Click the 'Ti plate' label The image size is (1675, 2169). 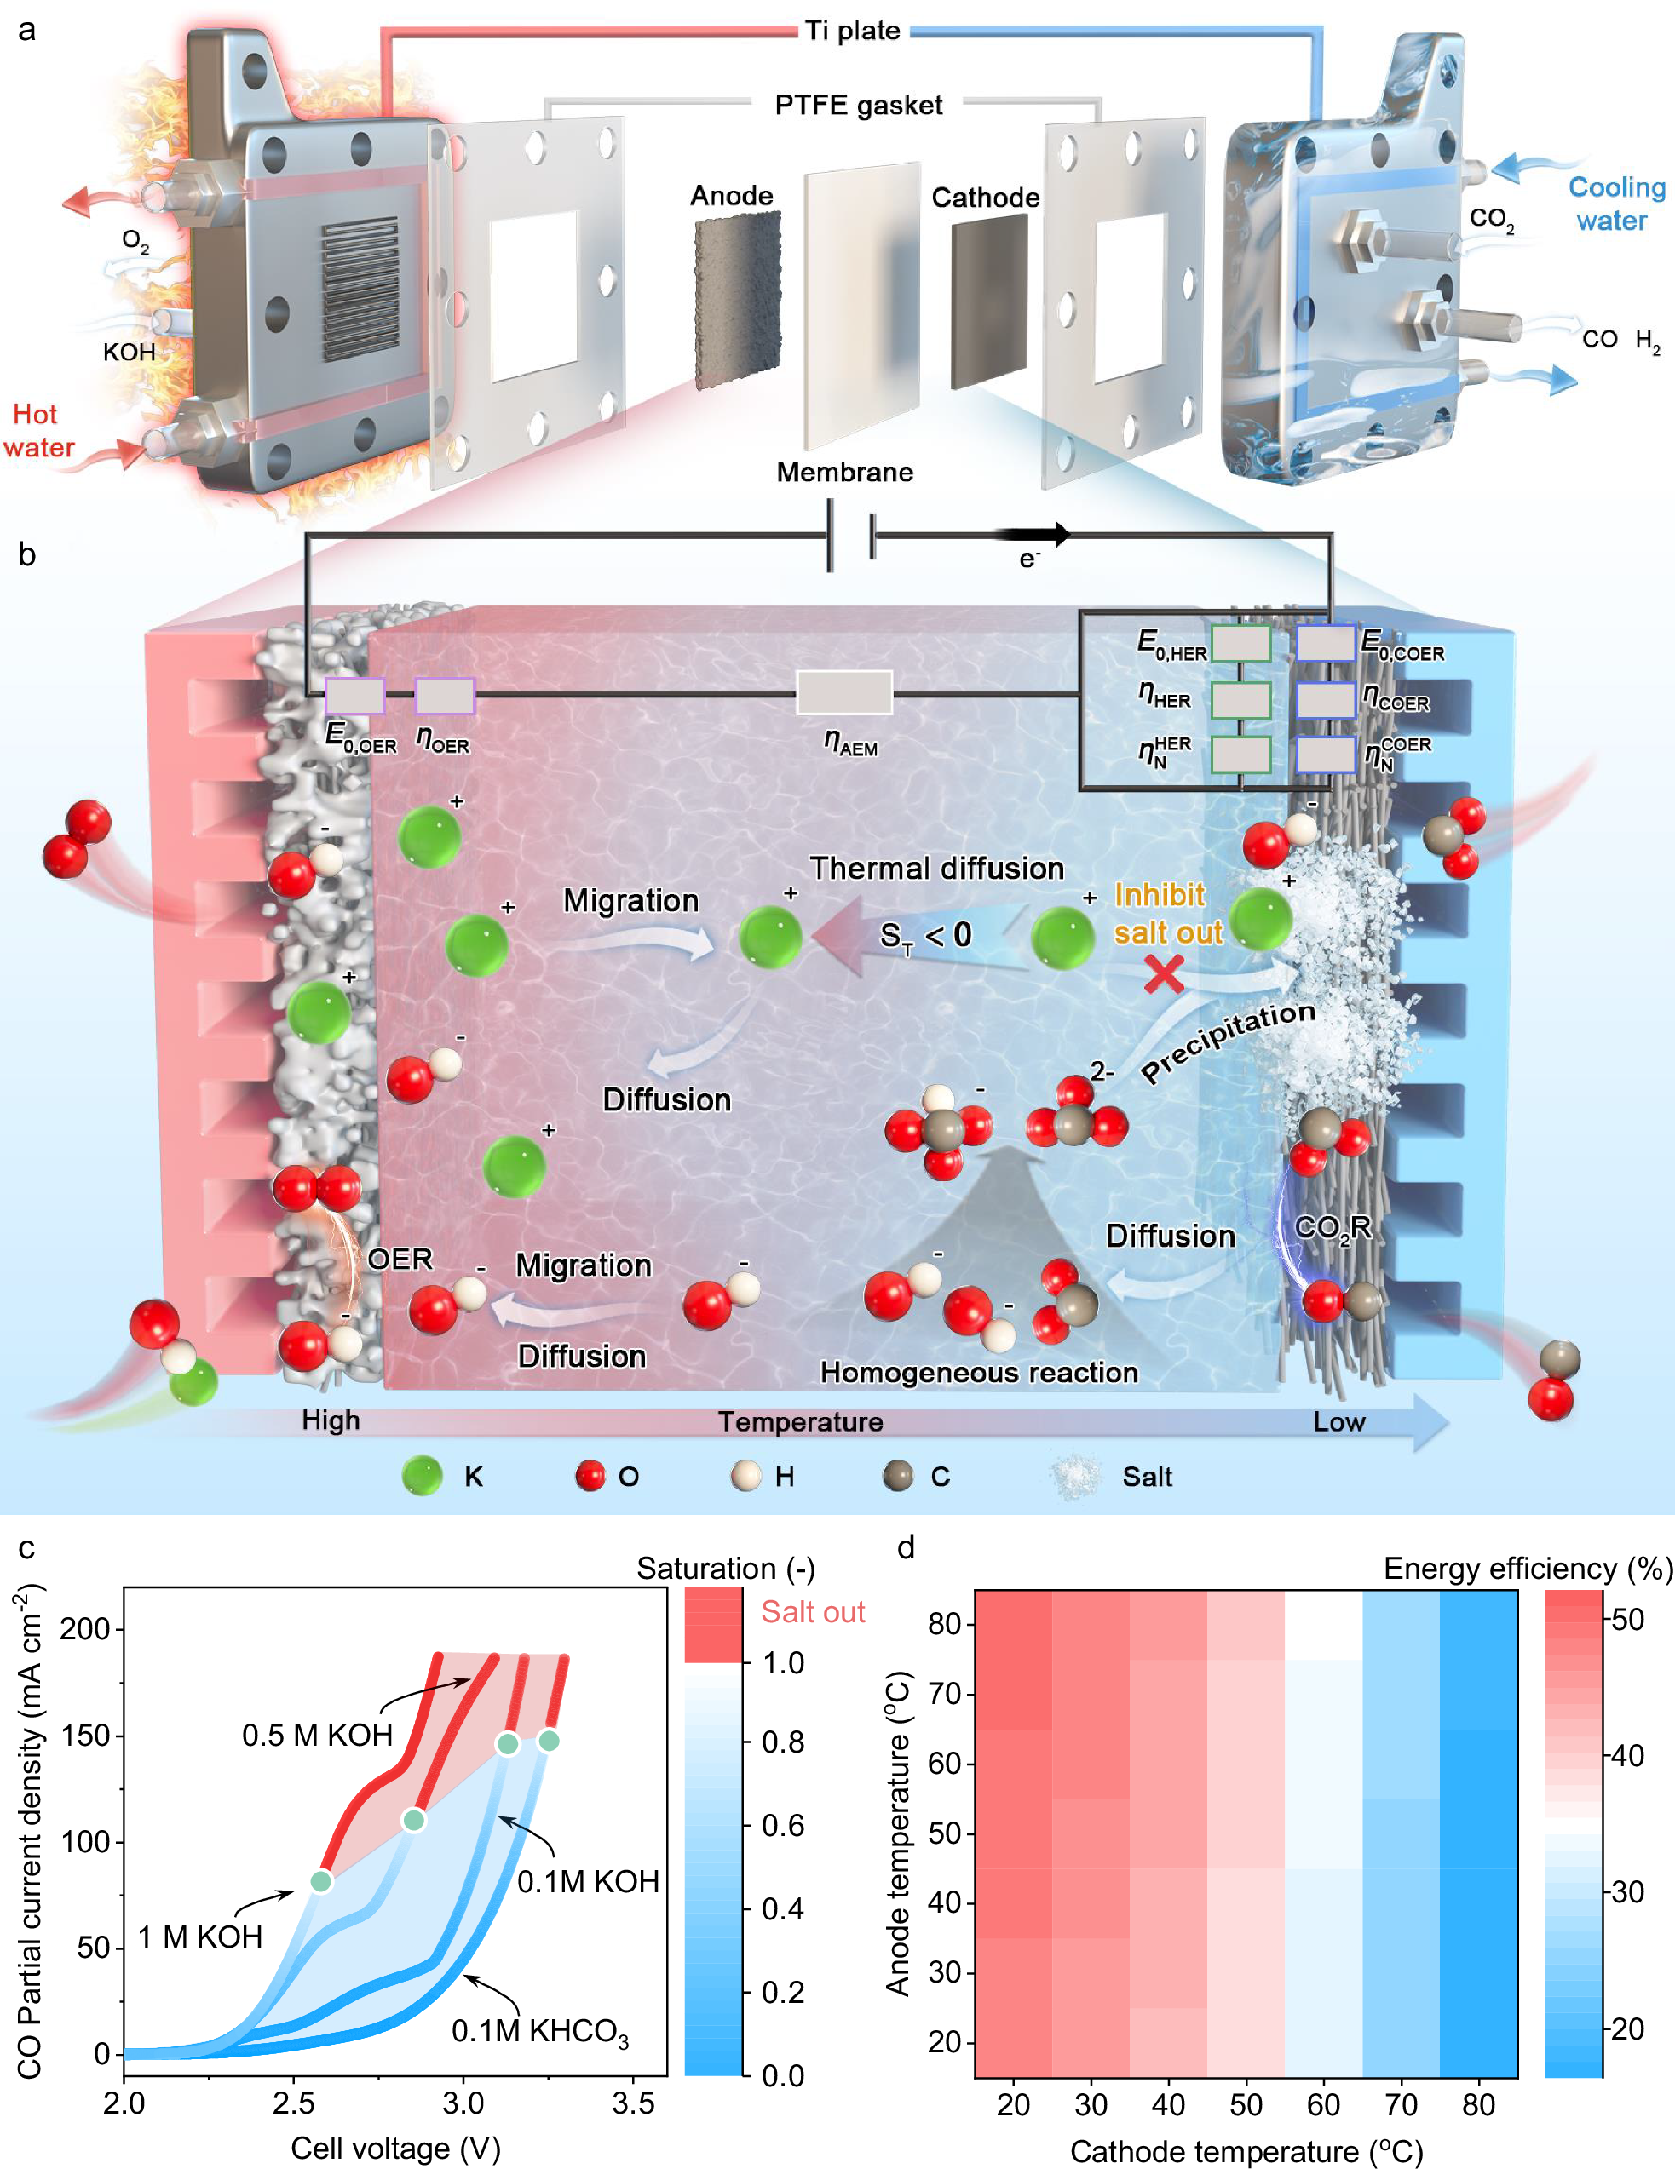tap(852, 31)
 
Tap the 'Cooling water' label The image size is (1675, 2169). tap(1615, 204)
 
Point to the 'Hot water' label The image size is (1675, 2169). tap(37, 430)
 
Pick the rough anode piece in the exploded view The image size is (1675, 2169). tap(737, 298)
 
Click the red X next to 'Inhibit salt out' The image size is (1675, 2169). tap(1163, 974)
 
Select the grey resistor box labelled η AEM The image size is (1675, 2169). tap(844, 692)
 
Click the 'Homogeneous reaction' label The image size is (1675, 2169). tap(979, 1373)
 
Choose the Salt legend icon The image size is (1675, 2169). tap(1076, 1476)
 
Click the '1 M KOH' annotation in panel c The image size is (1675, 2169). tap(199, 1937)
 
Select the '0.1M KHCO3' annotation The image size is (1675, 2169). tap(539, 2031)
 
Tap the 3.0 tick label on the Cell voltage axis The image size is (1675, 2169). tap(463, 2103)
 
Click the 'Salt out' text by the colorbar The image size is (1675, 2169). tap(813, 1611)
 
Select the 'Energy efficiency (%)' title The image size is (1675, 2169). tap(1528, 1568)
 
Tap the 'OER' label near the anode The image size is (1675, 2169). tap(400, 1260)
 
